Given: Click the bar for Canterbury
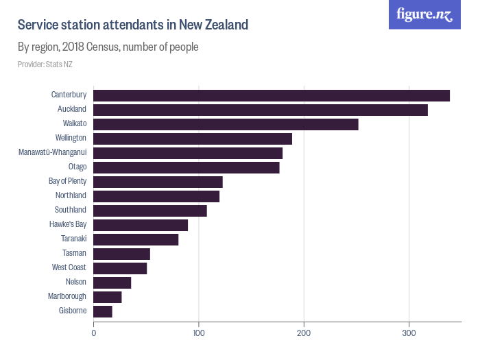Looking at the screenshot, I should [x=272, y=95].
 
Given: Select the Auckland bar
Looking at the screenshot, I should [x=261, y=110].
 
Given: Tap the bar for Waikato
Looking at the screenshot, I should [x=226, y=124].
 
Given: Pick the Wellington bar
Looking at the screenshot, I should [x=193, y=139].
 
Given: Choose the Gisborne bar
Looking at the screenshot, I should [x=103, y=311].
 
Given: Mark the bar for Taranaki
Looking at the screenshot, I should [x=136, y=239].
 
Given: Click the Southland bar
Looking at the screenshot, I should [x=150, y=211].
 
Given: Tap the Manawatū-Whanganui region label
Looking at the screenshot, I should [x=52, y=152].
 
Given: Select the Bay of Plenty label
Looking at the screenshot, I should [x=67, y=181].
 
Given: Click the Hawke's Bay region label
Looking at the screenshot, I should [x=68, y=224].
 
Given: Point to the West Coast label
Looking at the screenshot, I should [x=69, y=267].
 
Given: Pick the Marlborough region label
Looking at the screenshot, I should [x=67, y=296].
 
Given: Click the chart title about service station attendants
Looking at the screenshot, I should [x=133, y=25].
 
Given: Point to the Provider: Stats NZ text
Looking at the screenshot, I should [x=45, y=64].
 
